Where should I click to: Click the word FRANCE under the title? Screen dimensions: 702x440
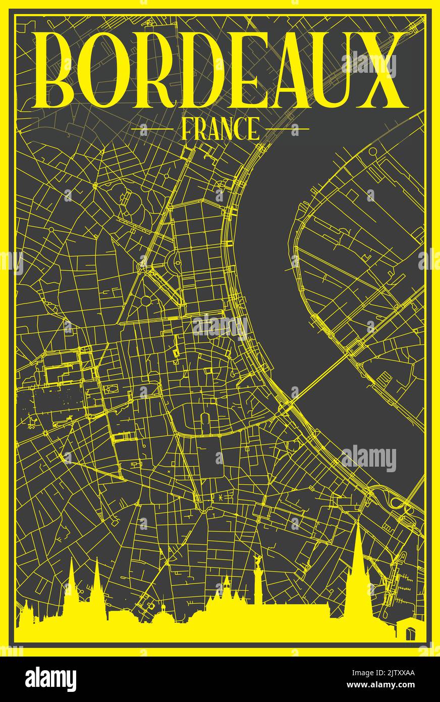[220, 129]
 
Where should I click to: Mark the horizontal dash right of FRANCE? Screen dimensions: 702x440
[287, 129]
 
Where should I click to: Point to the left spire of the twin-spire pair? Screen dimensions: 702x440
[71, 581]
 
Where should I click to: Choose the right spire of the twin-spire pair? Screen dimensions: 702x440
[96, 581]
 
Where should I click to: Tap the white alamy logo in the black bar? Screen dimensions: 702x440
[51, 679]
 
